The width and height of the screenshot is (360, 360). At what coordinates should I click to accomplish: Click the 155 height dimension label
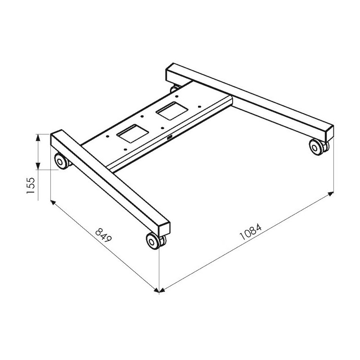click(31, 185)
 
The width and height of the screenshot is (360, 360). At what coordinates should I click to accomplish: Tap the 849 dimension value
click(103, 235)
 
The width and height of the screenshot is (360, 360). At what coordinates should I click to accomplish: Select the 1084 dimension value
click(251, 231)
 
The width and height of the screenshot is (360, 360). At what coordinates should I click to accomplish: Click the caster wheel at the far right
click(319, 147)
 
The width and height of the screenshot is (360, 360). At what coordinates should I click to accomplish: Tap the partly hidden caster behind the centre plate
click(175, 89)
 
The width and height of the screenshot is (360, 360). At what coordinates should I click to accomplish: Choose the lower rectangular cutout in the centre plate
click(132, 133)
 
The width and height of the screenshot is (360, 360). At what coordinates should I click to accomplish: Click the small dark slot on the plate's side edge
click(170, 138)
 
